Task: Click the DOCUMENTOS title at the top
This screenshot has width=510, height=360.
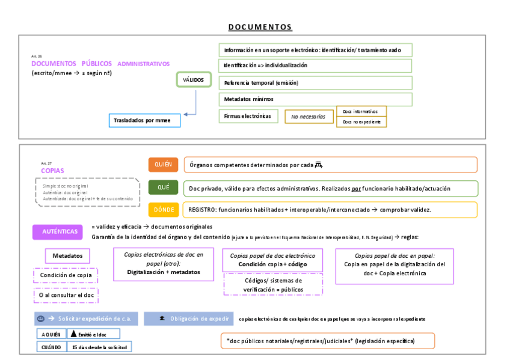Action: [x=260, y=27]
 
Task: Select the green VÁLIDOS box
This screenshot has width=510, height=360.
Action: [x=193, y=80]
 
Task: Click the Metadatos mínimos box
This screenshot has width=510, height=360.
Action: [x=315, y=99]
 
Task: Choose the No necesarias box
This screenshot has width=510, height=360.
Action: [x=309, y=117]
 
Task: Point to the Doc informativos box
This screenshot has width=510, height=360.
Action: [x=361, y=111]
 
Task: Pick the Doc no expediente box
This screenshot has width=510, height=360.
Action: [x=361, y=122]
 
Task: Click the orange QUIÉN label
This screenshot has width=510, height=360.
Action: [x=163, y=165]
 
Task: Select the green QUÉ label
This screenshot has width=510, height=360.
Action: [x=163, y=188]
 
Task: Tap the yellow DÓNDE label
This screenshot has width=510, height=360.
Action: [x=163, y=210]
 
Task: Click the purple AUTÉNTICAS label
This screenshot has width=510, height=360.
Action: [x=60, y=231]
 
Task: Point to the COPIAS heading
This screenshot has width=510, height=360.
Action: [x=52, y=171]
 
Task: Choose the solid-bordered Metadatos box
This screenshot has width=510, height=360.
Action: [x=67, y=256]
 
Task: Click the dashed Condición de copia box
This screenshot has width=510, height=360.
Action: [x=66, y=275]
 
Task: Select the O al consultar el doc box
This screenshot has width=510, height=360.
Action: [x=66, y=295]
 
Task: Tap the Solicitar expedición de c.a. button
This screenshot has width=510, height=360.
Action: [x=86, y=319]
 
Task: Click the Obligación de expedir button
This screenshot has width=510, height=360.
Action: [x=187, y=319]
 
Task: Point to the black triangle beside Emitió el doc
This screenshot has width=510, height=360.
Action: [x=74, y=334]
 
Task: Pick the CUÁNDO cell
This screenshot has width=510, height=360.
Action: [x=51, y=347]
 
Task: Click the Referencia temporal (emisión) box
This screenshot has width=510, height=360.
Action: [x=315, y=82]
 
